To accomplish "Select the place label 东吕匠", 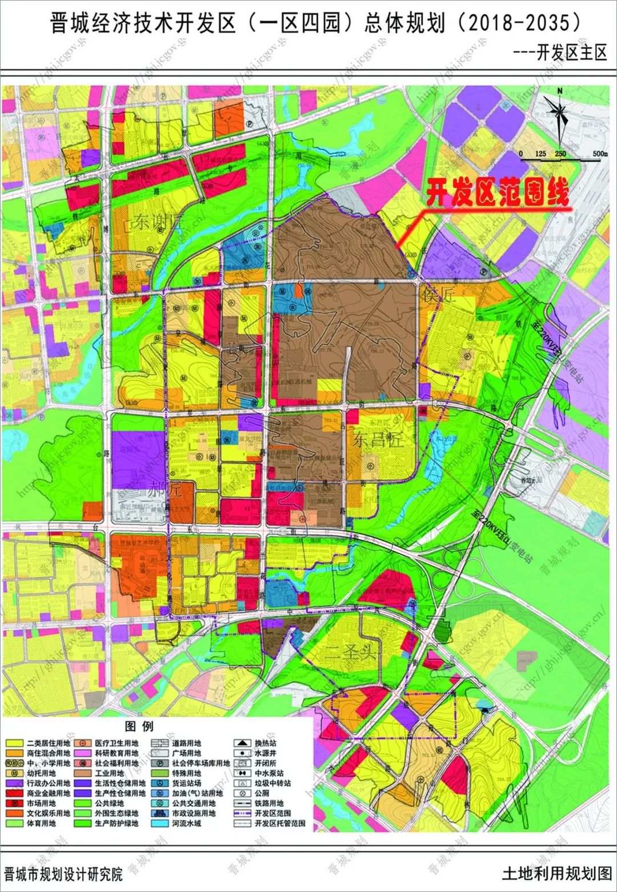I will click(x=378, y=440).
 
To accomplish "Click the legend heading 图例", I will click(x=139, y=726).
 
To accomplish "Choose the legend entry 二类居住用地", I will click(x=48, y=743).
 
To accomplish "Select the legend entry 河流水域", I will click(x=186, y=823).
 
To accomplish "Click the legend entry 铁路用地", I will click(x=269, y=803).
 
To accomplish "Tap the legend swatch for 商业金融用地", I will click(x=14, y=793).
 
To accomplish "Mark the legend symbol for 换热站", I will click(x=242, y=743).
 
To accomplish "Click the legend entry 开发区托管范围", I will click(x=279, y=823).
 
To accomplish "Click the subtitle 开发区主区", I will click(x=571, y=53).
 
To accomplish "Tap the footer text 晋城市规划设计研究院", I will click(x=63, y=874).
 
